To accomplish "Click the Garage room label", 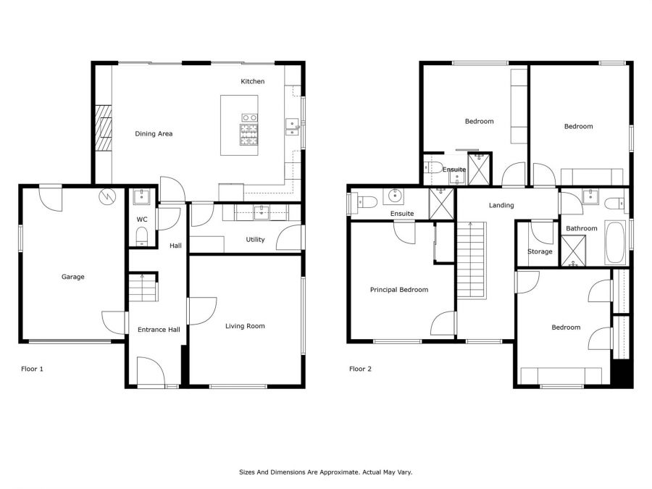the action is (72, 277).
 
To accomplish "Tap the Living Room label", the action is (245, 326).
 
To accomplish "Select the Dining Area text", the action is (154, 133).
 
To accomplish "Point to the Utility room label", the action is (255, 240).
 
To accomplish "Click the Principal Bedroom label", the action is (398, 290).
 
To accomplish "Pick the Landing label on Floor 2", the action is (501, 205).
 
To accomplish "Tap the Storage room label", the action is (540, 251).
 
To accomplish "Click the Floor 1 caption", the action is (32, 369).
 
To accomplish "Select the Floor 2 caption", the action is (360, 369).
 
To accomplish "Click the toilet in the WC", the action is (142, 236).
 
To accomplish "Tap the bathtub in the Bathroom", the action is (615, 243).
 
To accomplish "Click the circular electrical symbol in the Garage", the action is (107, 196).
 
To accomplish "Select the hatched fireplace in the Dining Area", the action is (104, 128).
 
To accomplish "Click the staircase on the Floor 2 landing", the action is (472, 260).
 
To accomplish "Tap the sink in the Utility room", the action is (262, 212).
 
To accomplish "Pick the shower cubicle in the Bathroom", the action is (573, 251).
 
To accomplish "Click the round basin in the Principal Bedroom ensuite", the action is (393, 195).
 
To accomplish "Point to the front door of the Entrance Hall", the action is (151, 372).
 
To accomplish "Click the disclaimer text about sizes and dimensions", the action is (325, 472).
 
